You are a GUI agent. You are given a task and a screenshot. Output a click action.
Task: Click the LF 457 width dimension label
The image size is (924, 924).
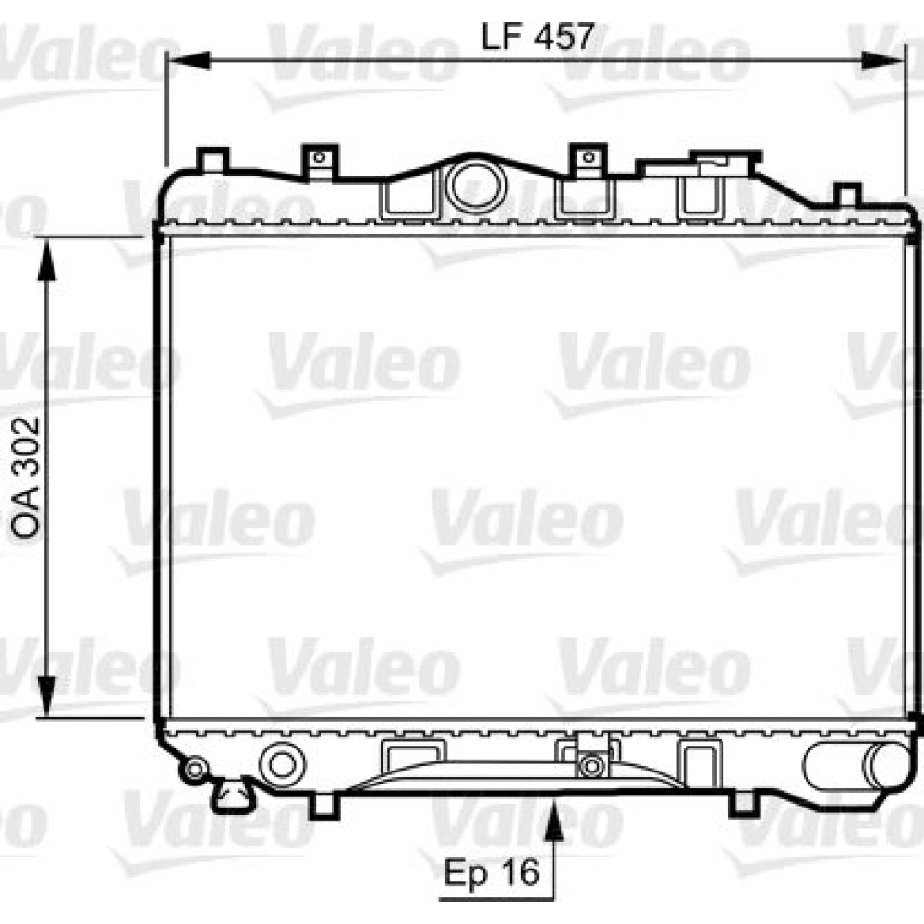click(x=537, y=37)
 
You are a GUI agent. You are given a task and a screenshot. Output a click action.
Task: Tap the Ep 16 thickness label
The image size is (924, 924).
click(x=492, y=872)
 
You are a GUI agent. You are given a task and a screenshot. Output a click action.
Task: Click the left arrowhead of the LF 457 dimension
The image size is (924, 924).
click(x=188, y=60)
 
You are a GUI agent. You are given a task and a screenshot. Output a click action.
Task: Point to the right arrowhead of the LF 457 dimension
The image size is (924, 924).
click(x=881, y=60)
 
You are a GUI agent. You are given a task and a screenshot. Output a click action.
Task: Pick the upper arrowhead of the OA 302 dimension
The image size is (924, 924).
click(x=46, y=260)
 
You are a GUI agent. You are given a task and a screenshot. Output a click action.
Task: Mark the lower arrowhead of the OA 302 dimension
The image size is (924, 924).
click(x=46, y=697)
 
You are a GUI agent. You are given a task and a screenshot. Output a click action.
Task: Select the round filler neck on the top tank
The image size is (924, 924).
click(x=477, y=185)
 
